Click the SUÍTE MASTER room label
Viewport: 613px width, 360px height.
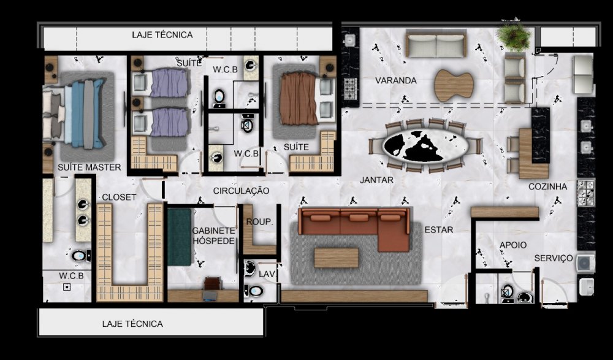tap(89, 167)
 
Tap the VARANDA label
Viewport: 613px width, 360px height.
tap(395, 80)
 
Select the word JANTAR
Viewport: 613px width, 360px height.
tap(376, 180)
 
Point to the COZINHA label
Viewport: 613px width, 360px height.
tap(547, 186)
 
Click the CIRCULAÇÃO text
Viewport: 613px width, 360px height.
tap(241, 191)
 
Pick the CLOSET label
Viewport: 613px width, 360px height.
tap(120, 197)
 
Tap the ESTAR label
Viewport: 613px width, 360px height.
tap(439, 230)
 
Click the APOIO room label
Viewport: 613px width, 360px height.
tap(513, 245)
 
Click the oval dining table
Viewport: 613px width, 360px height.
tap(426, 145)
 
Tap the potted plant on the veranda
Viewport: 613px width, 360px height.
tap(514, 36)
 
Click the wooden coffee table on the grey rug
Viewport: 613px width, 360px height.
tap(336, 258)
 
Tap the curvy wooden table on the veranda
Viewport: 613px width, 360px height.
tap(454, 85)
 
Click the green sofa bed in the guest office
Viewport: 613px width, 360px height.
tap(180, 237)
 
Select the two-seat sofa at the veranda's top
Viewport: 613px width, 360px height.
tap(436, 44)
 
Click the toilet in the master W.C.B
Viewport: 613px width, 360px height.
tap(80, 256)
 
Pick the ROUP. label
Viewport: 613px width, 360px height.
tap(259, 222)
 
